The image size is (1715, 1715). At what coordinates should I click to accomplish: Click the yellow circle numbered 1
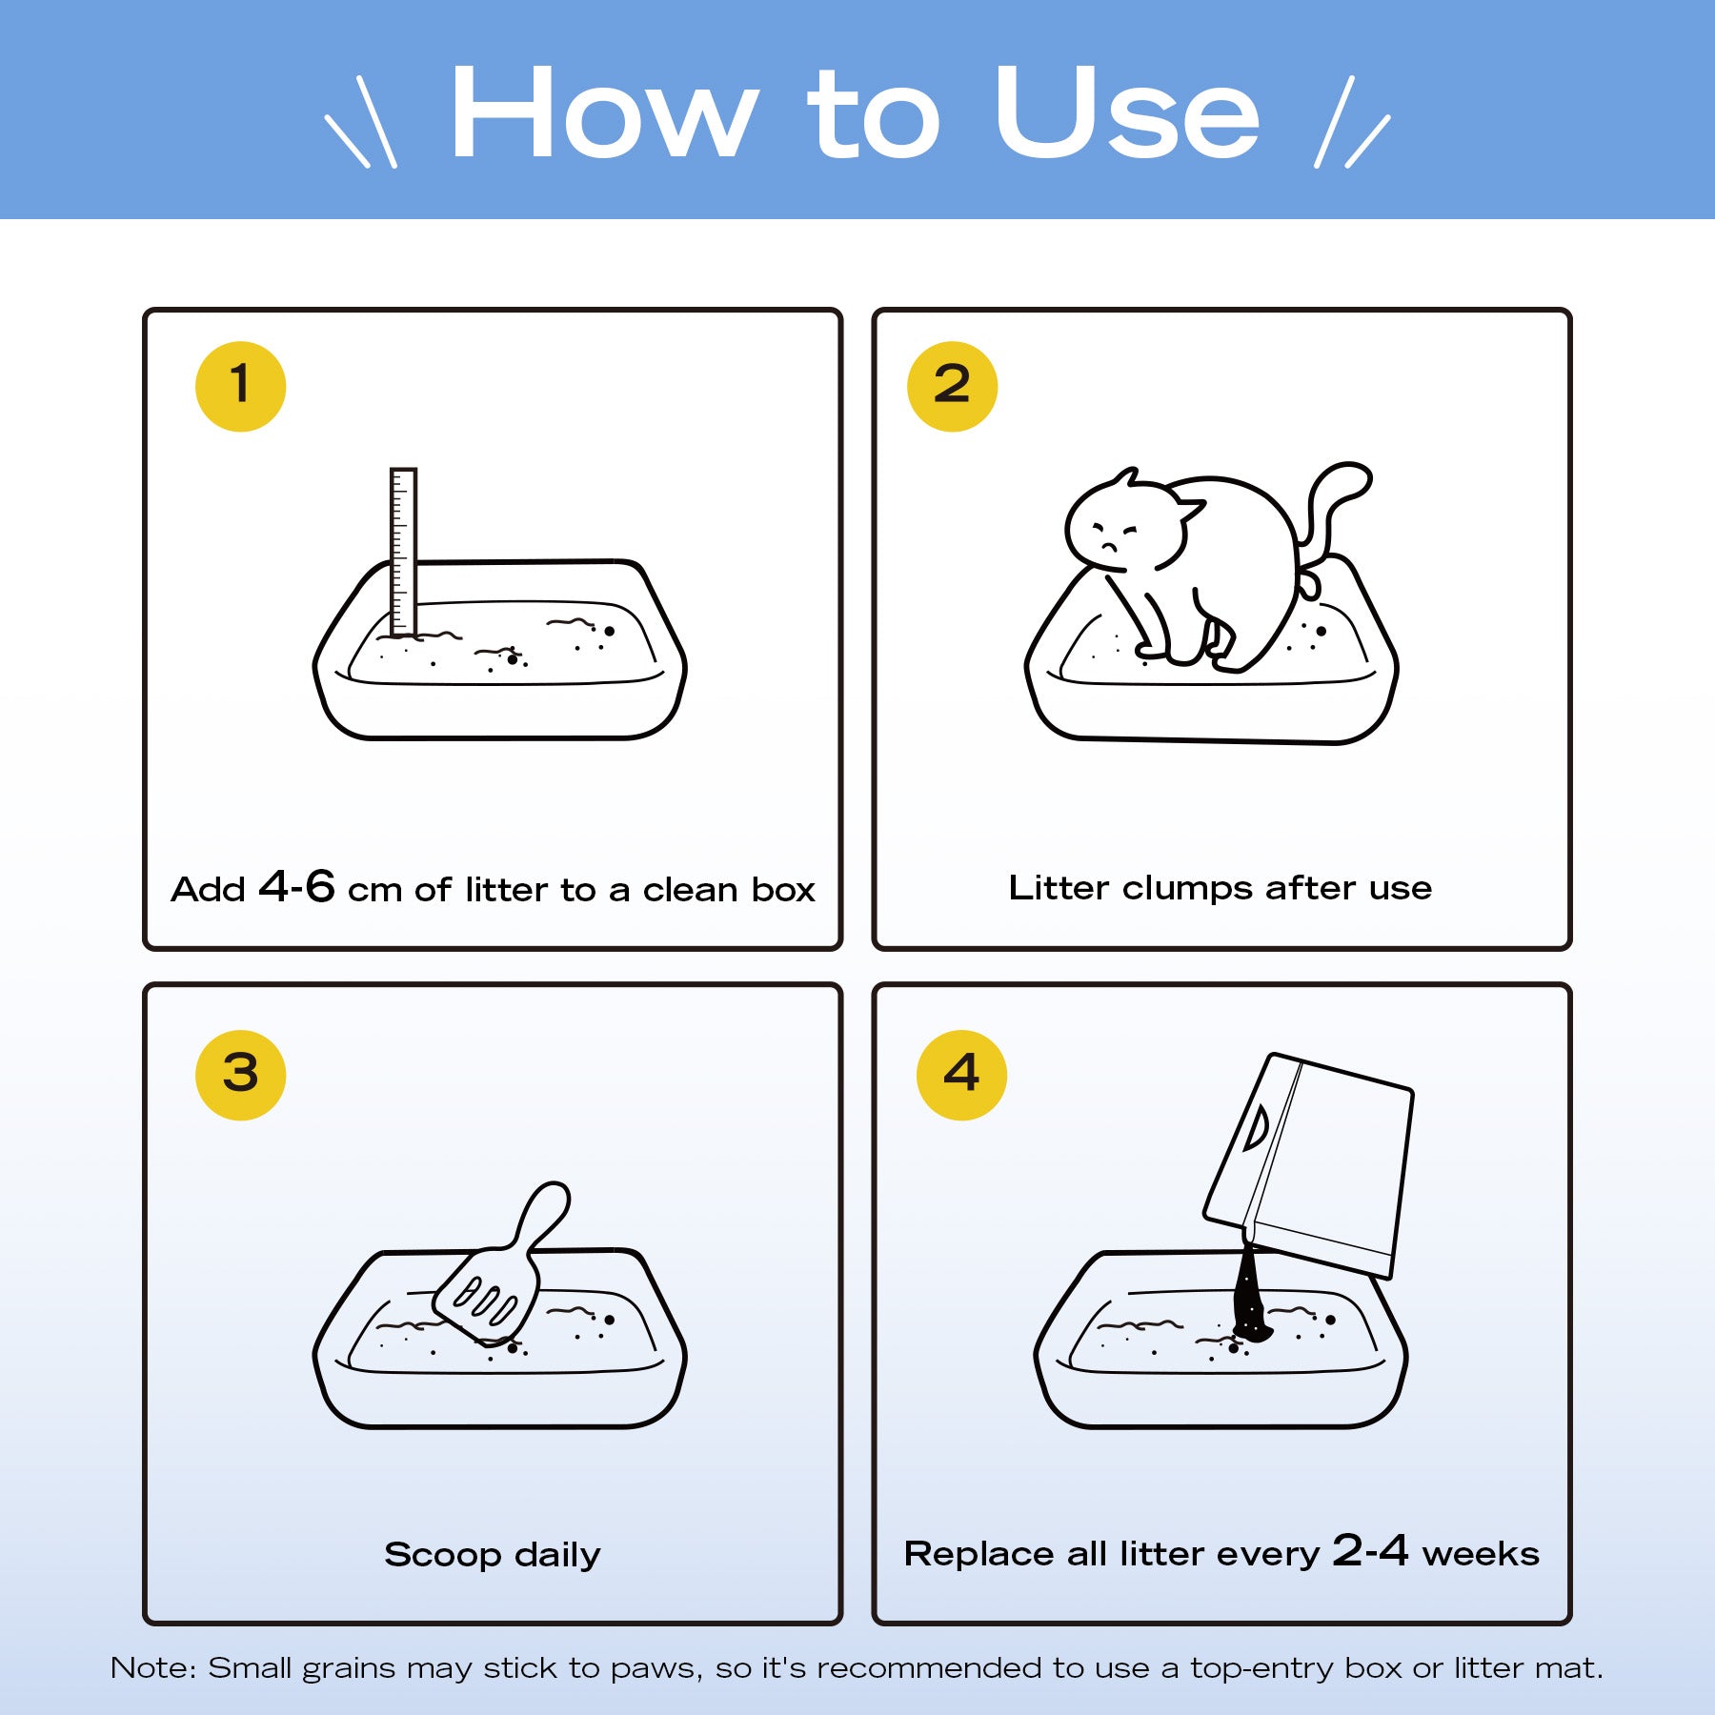[x=240, y=386]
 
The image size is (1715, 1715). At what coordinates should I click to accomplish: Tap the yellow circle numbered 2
[x=952, y=386]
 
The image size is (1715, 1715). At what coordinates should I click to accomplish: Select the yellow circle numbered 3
[x=240, y=1074]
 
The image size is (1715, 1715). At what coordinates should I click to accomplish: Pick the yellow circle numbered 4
[x=961, y=1074]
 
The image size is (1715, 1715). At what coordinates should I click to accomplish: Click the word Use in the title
[x=1127, y=112]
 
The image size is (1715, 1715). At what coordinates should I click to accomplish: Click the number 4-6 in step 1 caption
[x=296, y=886]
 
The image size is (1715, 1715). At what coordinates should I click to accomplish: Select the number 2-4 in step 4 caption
[x=1370, y=1550]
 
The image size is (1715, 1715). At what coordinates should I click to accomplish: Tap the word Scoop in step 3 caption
[x=443, y=1556]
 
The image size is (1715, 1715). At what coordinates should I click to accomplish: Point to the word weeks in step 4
[x=1481, y=1554]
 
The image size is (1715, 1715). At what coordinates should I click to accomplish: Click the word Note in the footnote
[x=152, y=1668]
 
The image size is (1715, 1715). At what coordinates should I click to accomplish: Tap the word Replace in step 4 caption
[x=980, y=1556]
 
